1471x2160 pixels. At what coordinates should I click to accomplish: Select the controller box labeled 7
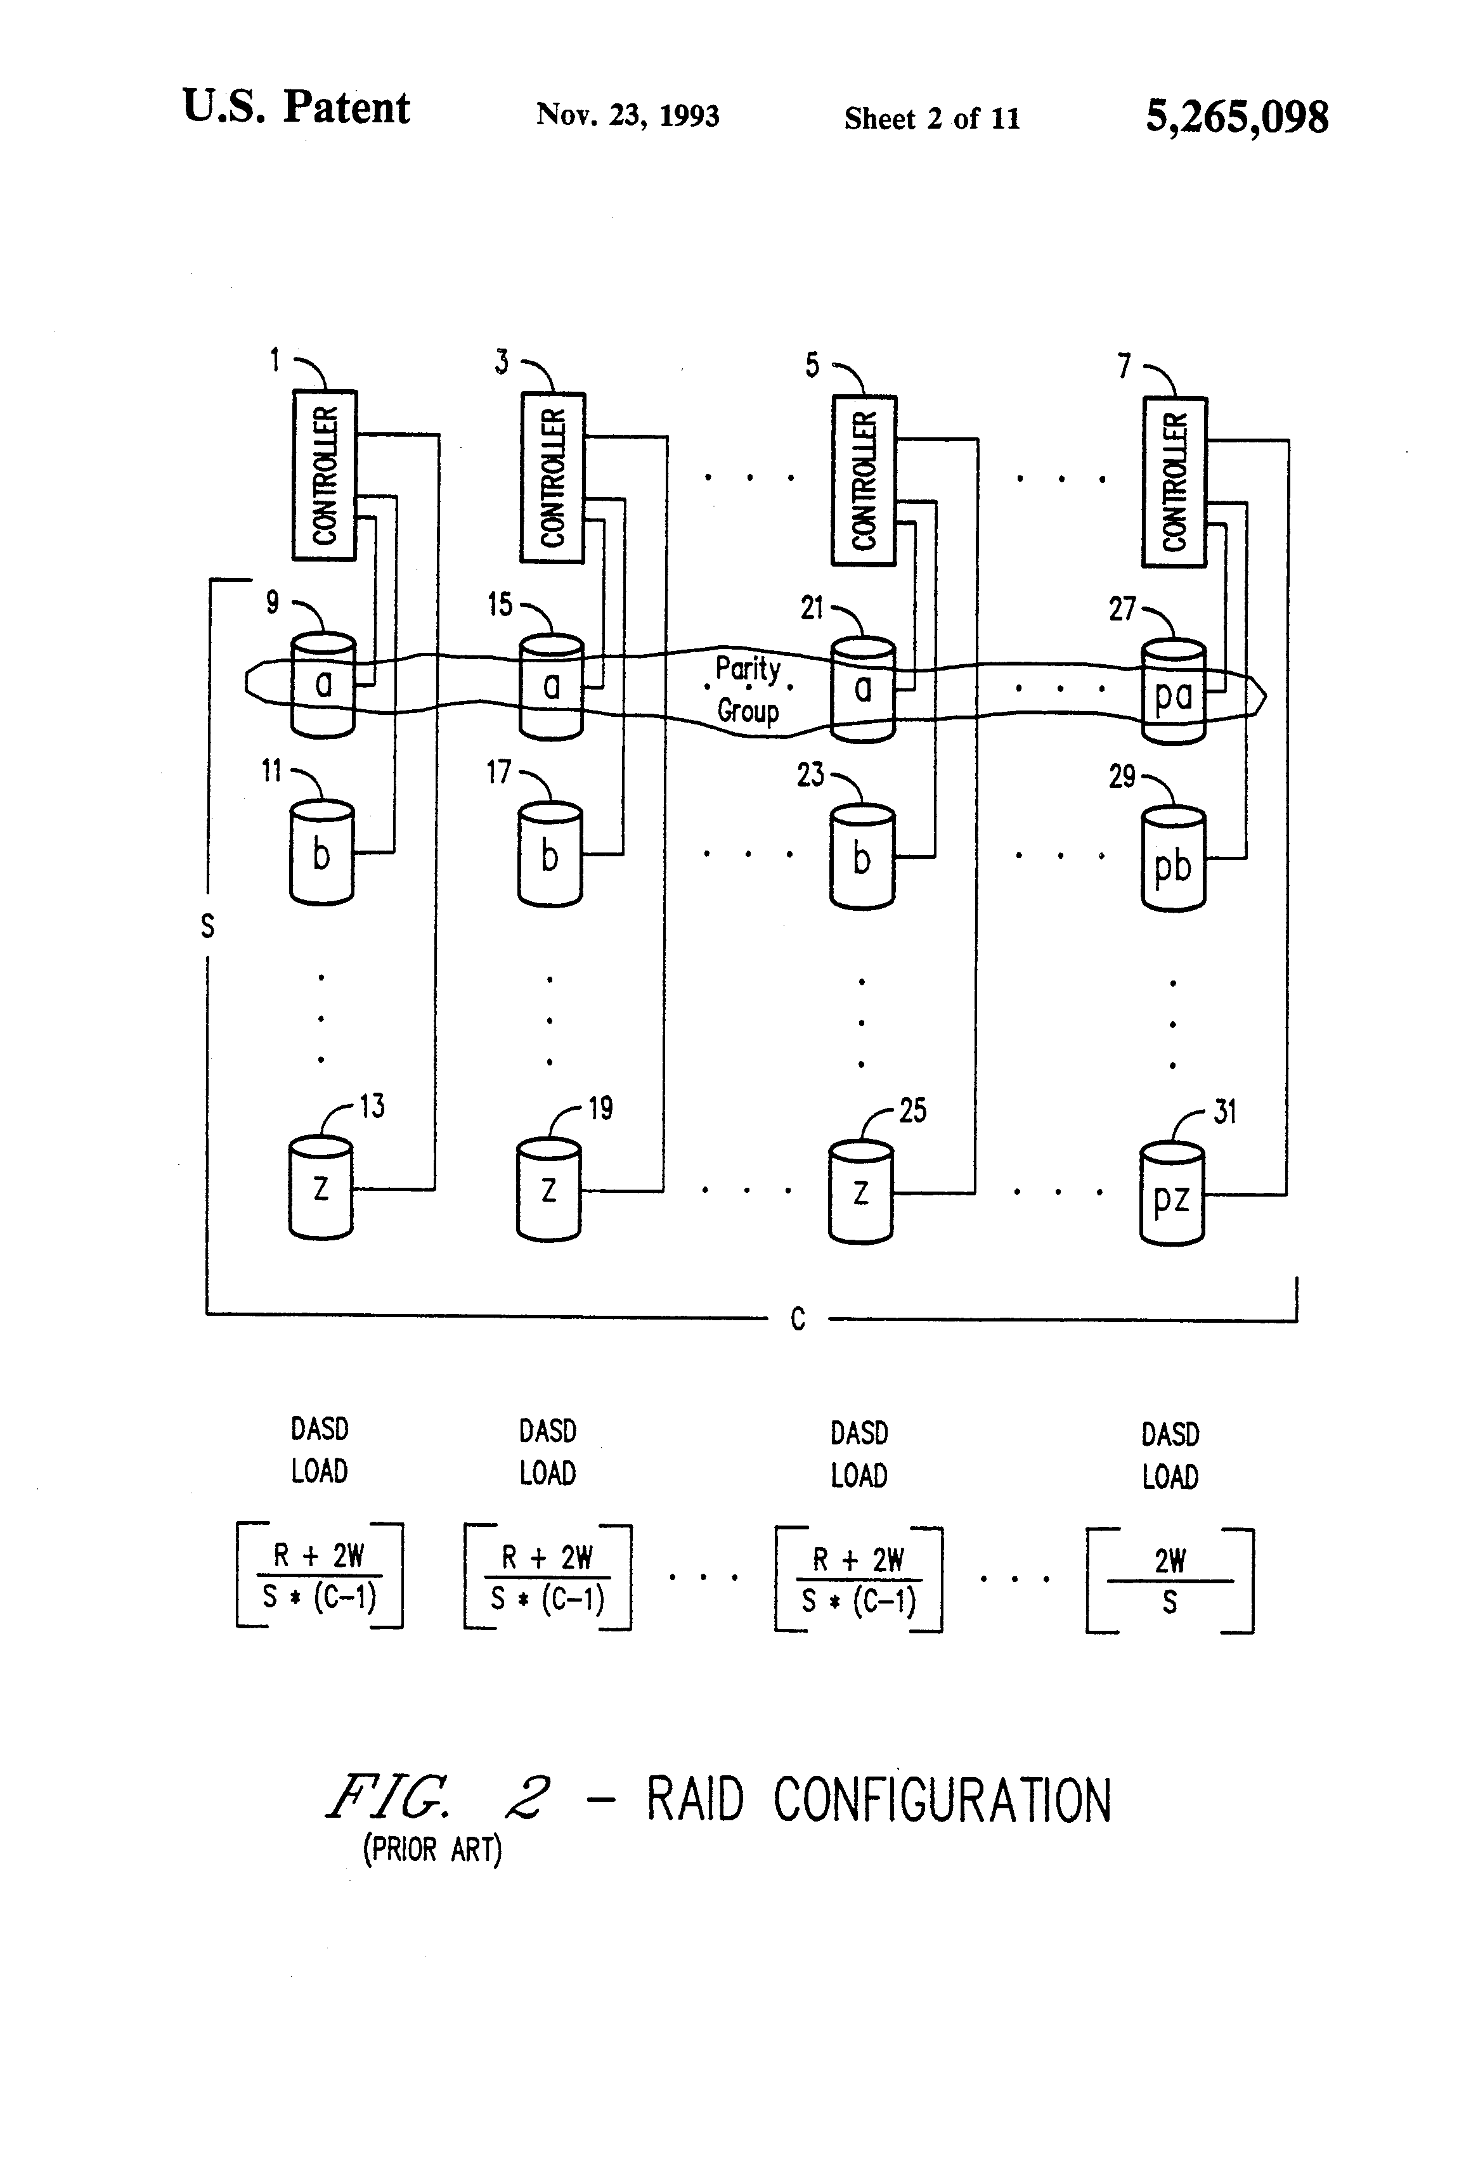click(1174, 482)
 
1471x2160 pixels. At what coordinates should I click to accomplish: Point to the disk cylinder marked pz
click(1172, 1196)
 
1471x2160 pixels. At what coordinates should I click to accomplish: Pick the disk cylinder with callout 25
click(861, 1193)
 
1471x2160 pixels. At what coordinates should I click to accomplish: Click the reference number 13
click(372, 1106)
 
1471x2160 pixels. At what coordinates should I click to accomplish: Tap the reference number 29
click(1122, 775)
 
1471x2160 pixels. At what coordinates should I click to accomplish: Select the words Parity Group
click(748, 689)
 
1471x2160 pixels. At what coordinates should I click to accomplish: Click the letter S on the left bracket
click(207, 926)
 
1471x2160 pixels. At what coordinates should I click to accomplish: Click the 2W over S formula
click(1170, 1580)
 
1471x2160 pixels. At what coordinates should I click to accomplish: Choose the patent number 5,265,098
click(1236, 117)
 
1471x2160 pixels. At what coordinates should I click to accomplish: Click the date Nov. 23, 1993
click(628, 115)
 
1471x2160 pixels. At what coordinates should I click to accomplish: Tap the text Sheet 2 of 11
click(931, 118)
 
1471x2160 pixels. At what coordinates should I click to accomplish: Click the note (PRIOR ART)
click(432, 1849)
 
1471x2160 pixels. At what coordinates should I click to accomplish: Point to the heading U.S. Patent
click(295, 107)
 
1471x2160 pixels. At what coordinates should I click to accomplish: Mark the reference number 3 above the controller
click(502, 361)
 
